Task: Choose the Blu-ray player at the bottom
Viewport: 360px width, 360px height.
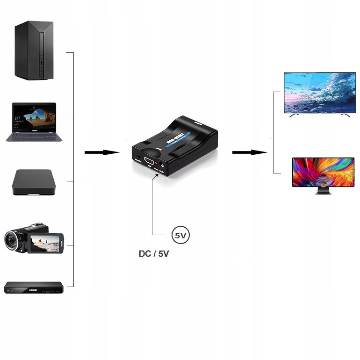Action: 34,287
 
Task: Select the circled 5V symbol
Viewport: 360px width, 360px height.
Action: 181,235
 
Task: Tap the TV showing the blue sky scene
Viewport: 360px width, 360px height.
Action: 320,93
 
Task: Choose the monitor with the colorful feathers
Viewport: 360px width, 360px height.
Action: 323,172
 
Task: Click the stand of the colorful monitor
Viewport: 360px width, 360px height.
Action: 323,191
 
